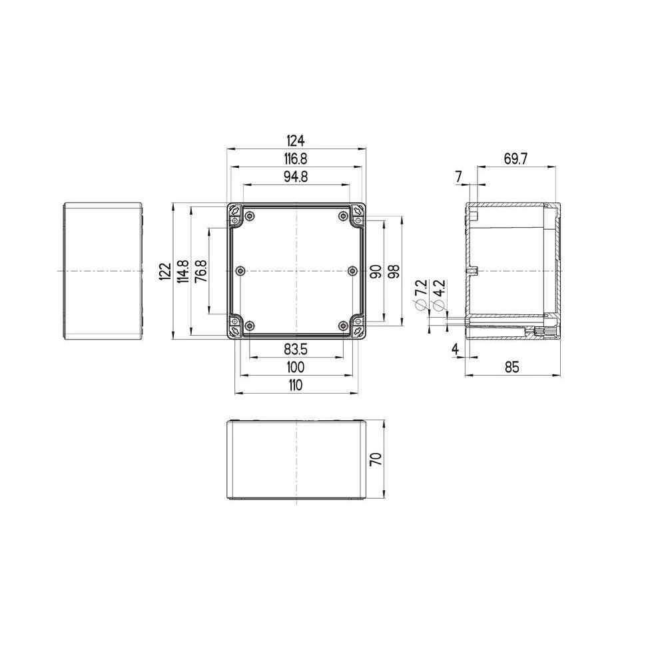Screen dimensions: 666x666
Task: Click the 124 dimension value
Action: click(296, 141)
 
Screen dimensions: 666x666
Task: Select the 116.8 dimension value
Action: click(296, 159)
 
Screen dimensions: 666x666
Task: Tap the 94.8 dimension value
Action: click(296, 177)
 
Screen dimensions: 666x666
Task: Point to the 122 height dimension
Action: click(165, 271)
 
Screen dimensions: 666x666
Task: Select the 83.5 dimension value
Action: click(296, 348)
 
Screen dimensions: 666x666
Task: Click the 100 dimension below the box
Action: click(296, 367)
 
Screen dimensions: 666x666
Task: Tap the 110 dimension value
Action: click(296, 385)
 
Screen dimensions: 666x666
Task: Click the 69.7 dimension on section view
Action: click(516, 159)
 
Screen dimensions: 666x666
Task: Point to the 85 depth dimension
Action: click(512, 367)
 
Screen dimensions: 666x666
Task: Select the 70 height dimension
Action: click(376, 460)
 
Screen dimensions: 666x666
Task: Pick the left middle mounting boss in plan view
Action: click(240, 270)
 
